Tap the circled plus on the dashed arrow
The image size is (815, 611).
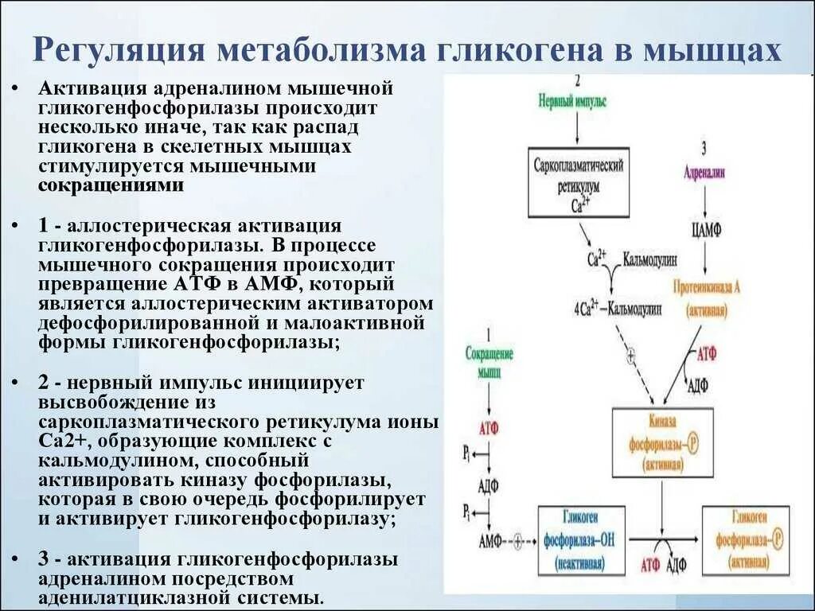coord(631,356)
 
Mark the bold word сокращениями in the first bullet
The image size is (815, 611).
coord(111,185)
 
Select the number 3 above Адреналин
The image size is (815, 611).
coord(704,149)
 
